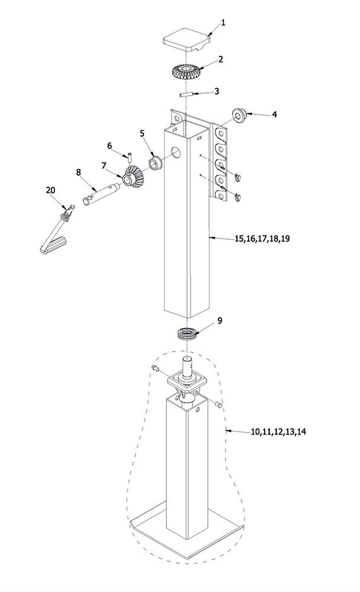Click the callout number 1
(223, 22)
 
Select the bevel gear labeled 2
(185, 72)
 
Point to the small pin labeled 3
(187, 94)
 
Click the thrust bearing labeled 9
(187, 334)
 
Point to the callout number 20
(50, 190)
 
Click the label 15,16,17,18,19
(262, 238)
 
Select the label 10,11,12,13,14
(278, 432)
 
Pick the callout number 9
(220, 320)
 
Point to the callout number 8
(79, 172)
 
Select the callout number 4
(275, 114)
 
